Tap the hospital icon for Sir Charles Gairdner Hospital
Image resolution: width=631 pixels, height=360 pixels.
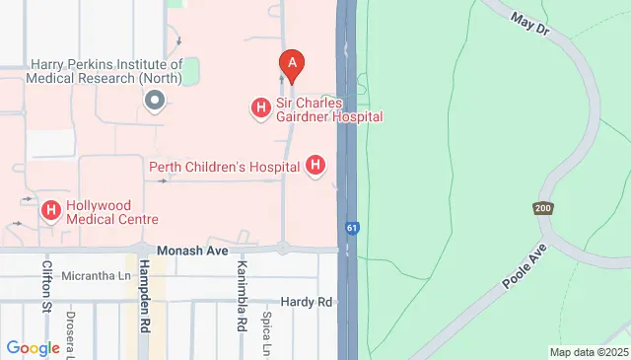tap(261, 108)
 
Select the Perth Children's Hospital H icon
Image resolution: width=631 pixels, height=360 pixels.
tap(315, 166)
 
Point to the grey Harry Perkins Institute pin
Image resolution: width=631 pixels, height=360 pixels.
tap(154, 100)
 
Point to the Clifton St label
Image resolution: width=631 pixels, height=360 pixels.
tap(47, 286)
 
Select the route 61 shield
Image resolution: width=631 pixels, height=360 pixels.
tap(352, 228)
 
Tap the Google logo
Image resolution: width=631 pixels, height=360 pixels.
tap(33, 347)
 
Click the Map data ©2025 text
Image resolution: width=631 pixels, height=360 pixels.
tap(588, 352)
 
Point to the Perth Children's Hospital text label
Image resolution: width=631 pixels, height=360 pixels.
tap(225, 167)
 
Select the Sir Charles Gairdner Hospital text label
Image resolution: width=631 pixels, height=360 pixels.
tap(327, 108)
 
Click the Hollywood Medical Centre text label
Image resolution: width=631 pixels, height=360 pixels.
tap(111, 211)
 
